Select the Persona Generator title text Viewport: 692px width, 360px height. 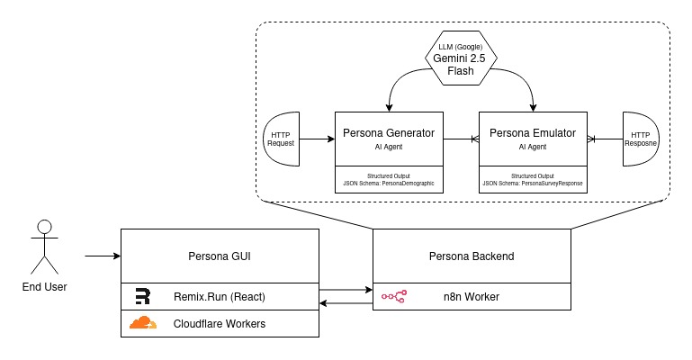[x=389, y=133]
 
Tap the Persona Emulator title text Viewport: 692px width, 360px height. [x=533, y=133]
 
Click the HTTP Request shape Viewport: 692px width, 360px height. [x=281, y=139]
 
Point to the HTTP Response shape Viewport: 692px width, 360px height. [x=641, y=139]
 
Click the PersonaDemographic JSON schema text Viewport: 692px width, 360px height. [x=389, y=183]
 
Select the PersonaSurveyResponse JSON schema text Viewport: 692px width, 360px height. [x=533, y=183]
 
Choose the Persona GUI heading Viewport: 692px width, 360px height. [x=220, y=256]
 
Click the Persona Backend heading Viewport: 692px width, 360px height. [x=472, y=256]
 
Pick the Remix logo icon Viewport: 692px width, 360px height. [x=142, y=296]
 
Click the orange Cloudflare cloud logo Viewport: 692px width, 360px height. [x=142, y=323]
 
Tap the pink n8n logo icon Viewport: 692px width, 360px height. [x=394, y=296]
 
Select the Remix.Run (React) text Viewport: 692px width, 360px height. [x=220, y=296]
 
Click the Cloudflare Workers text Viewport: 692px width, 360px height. [x=220, y=323]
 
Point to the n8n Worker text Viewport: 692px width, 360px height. [x=472, y=296]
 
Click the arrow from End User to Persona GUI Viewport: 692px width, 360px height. [x=103, y=256]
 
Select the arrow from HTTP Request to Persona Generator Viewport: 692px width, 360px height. [x=317, y=139]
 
